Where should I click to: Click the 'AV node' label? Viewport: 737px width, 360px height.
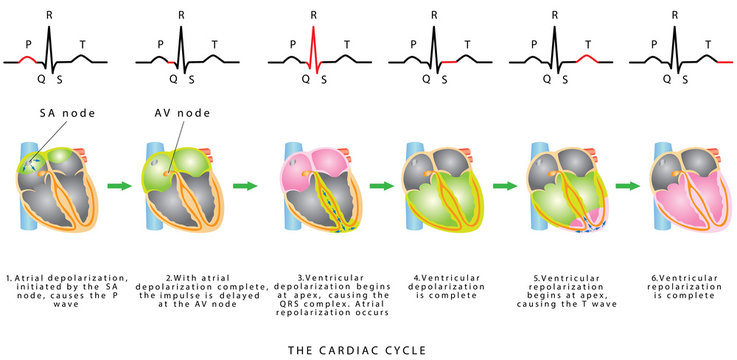(177, 114)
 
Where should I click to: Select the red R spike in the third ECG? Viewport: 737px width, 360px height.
(313, 45)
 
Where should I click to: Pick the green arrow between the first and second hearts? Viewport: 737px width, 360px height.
(119, 185)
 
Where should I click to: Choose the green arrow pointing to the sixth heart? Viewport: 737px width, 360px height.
(628, 185)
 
